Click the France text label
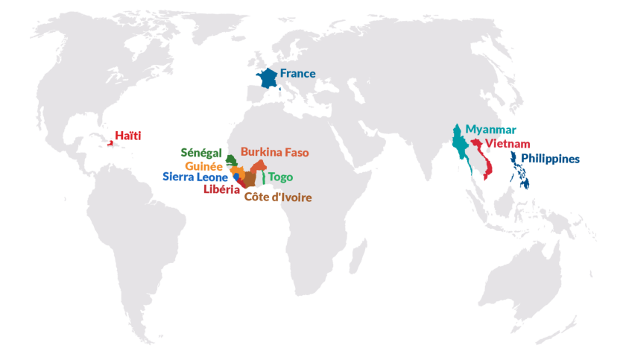[x=297, y=73]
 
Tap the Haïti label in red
[x=127, y=135]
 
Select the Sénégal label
[x=200, y=153]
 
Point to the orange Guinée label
[x=203, y=165]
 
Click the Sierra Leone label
[x=195, y=177]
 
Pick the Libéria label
[x=221, y=189]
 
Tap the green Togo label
[x=280, y=177]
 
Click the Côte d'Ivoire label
[x=277, y=198]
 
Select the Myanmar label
[x=490, y=129]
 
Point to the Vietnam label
[x=508, y=143]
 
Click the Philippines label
[x=551, y=159]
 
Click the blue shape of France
[x=267, y=80]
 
